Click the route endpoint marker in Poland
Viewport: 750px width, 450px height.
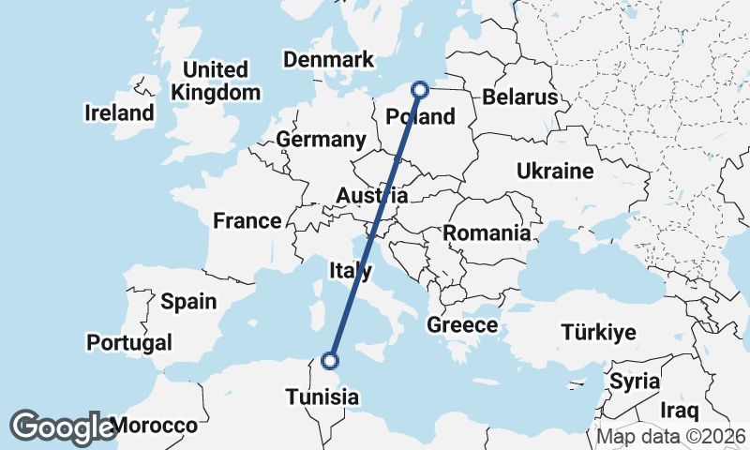(420, 90)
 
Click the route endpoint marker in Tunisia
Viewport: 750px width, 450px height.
(330, 360)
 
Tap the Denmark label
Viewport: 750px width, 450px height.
(328, 60)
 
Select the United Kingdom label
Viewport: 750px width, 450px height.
(216, 82)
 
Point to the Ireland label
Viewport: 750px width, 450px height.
(119, 113)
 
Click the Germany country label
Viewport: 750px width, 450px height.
(321, 141)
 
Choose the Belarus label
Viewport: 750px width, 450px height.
(519, 97)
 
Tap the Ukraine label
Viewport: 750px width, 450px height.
(555, 172)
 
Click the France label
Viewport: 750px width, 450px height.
(247, 221)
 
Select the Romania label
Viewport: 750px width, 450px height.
(487, 232)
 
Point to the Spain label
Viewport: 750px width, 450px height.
(188, 302)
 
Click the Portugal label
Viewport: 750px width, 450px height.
(128, 342)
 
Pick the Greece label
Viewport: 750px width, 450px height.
(461, 325)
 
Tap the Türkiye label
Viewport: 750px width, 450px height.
(598, 332)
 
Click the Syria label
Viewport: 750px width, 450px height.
(635, 382)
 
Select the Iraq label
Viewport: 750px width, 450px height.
(680, 411)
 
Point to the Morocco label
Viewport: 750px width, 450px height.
(154, 426)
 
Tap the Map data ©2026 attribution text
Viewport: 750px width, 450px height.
(671, 437)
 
